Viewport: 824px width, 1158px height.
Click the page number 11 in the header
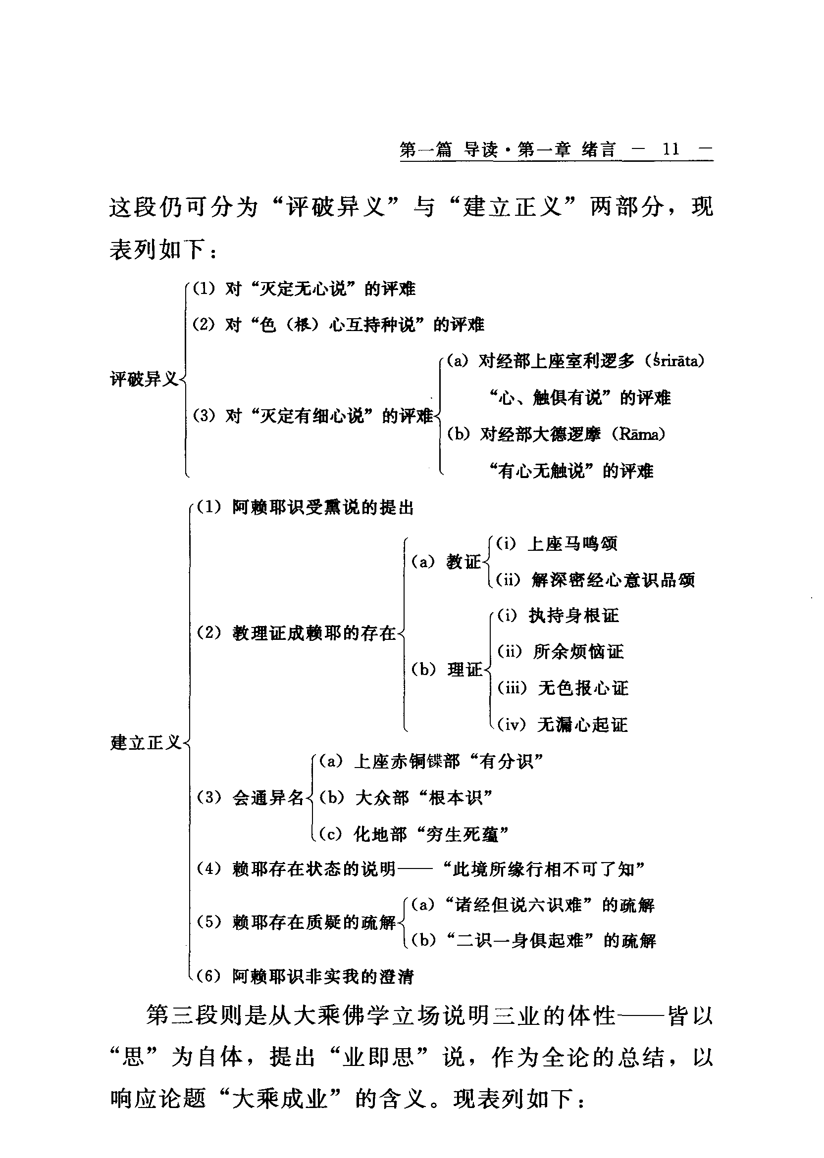point(670,149)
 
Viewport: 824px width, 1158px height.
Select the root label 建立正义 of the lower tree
point(146,743)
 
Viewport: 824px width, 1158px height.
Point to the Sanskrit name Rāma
point(638,434)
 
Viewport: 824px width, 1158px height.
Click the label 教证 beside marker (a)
point(463,562)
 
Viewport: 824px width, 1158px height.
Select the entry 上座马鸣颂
point(572,544)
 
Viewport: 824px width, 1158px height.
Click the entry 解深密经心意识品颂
point(613,580)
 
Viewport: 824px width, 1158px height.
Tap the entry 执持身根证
point(573,616)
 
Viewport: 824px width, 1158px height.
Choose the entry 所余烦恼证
point(578,652)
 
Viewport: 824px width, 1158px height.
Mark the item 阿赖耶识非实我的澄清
point(323,976)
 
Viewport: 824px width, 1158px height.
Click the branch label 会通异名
point(267,798)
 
